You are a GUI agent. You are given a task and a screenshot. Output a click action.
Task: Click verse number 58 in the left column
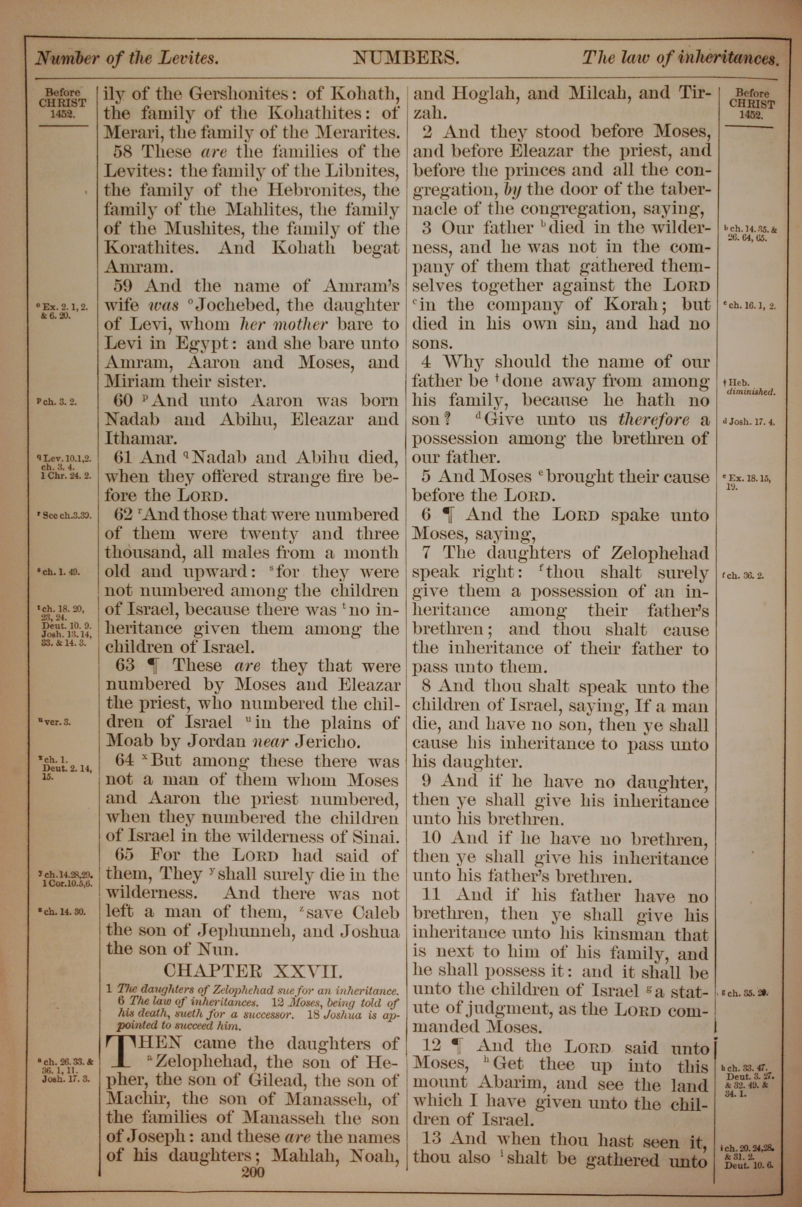pos(125,152)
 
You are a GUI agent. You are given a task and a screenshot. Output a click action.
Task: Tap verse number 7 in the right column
pos(427,553)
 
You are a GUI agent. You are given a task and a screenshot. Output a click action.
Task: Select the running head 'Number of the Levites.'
pos(127,58)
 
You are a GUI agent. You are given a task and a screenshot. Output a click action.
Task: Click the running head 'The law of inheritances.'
pos(680,58)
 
